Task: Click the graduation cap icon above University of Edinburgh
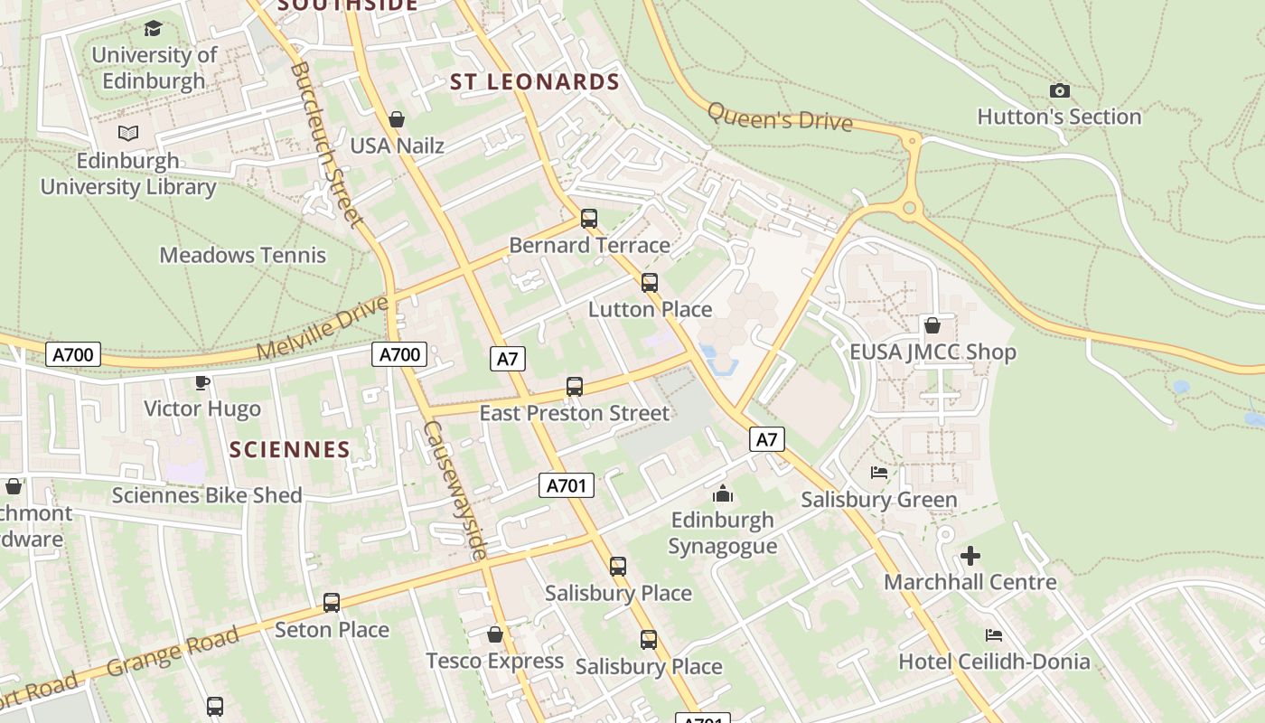tap(153, 29)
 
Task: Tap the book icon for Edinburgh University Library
tap(128, 134)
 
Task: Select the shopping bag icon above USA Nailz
tap(396, 119)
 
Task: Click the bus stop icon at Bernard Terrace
tap(589, 218)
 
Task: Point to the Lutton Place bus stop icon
tap(650, 283)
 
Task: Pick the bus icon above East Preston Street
tap(575, 387)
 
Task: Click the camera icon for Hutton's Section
tap(1060, 90)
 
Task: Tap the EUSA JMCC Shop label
tap(932, 352)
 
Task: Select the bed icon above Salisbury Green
tap(879, 473)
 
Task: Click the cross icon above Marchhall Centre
tap(970, 556)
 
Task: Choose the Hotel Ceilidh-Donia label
tap(994, 662)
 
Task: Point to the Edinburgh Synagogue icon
tap(723, 494)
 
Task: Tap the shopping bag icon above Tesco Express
tap(495, 634)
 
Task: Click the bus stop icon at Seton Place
tap(332, 603)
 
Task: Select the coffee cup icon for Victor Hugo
tap(202, 383)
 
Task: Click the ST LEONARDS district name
tap(535, 82)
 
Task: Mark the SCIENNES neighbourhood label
tap(289, 449)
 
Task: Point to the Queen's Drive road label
tap(780, 117)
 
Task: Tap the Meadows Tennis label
tap(242, 255)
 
